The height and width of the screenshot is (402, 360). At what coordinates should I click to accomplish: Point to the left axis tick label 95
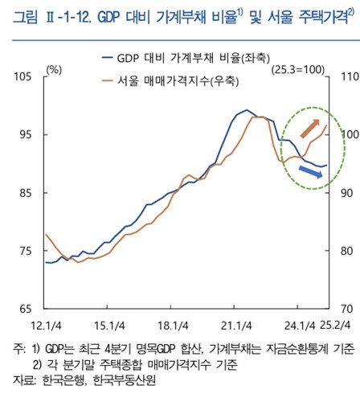coord(22,134)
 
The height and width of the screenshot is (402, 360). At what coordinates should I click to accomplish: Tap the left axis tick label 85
coord(22,193)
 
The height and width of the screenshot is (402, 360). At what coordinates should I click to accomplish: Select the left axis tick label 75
coord(22,251)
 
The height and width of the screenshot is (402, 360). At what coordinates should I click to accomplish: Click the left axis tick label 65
coord(22,309)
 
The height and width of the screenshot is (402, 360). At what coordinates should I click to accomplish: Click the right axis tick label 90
coord(346,193)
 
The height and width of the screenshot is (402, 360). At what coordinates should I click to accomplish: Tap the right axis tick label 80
coord(346,251)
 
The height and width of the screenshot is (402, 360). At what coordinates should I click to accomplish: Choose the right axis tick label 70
coord(346,309)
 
